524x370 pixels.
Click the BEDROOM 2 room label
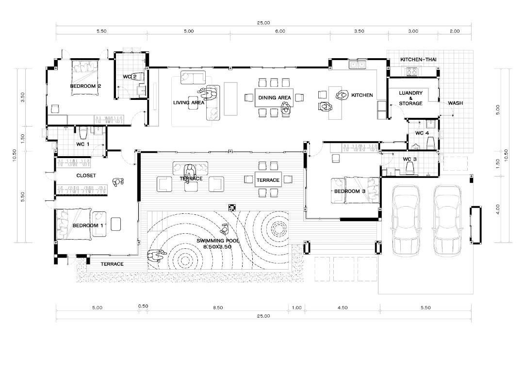(85, 86)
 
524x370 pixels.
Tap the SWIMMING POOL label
(218, 241)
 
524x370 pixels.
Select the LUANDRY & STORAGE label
(411, 98)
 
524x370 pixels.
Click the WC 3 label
(409, 159)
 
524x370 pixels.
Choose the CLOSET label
(86, 176)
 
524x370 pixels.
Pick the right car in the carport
(447, 221)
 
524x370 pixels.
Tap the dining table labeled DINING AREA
(274, 97)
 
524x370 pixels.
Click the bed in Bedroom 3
(355, 190)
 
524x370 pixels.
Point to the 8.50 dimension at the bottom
(218, 307)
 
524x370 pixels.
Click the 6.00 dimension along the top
(280, 31)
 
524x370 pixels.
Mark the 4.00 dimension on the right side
(498, 209)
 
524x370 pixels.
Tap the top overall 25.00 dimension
(263, 23)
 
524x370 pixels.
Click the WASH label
(456, 103)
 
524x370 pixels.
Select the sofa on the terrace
(190, 168)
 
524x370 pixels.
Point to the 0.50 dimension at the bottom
(143, 306)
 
